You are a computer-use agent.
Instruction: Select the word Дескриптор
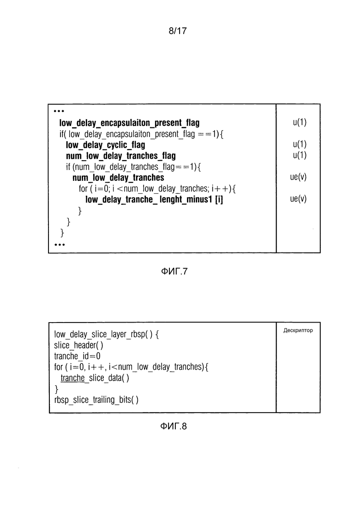coord(298,330)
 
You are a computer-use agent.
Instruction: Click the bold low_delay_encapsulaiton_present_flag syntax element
coord(129,123)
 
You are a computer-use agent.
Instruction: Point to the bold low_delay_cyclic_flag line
coord(105,145)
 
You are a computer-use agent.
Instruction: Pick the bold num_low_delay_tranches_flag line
coord(120,156)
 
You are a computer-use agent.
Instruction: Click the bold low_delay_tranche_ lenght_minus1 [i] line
coord(154,200)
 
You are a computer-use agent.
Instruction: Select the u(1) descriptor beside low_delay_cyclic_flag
coord(300,144)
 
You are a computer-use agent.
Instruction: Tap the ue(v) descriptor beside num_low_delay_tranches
coord(299,177)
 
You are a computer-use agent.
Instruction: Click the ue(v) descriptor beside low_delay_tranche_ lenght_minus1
coord(299,199)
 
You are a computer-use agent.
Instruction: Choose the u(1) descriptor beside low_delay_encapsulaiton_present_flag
coord(300,122)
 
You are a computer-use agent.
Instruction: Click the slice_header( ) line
coord(78,345)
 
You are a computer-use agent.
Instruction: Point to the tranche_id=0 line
coord(77,356)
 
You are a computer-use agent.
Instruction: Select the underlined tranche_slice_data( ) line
coord(95,378)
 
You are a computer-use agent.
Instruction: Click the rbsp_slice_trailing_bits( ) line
coord(96,400)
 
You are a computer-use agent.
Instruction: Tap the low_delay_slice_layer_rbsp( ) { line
coord(106,334)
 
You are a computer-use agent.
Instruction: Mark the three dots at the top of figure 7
coord(59,111)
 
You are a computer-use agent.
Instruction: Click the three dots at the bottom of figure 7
coord(60,245)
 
